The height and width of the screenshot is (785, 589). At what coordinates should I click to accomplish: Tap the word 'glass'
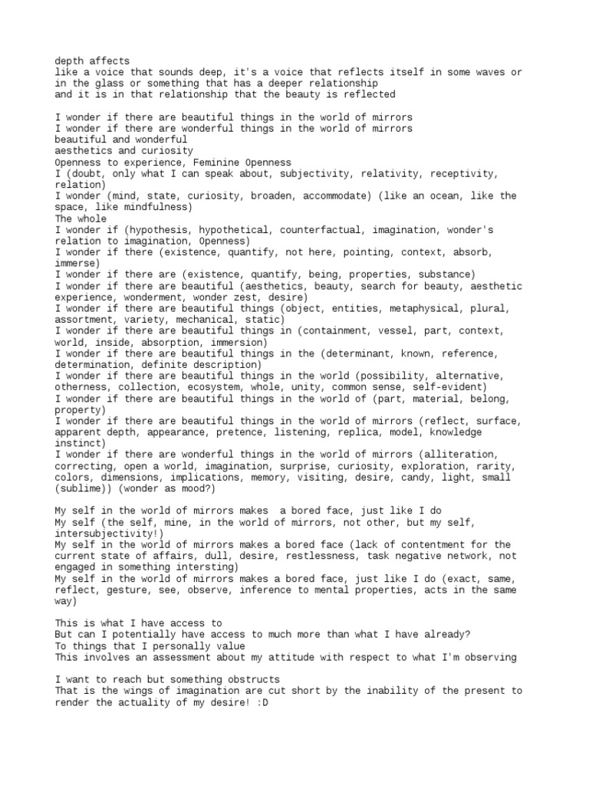coord(92,83)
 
